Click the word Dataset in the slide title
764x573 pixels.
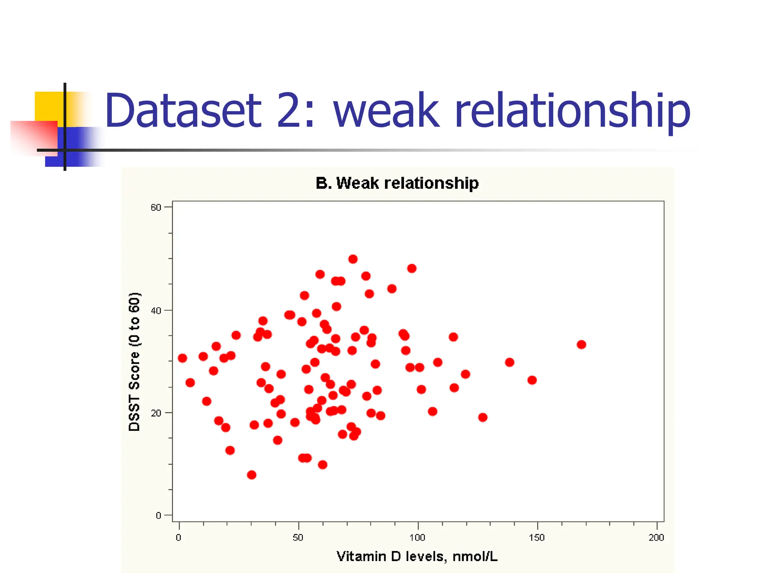[x=183, y=111]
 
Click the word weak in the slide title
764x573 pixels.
[x=386, y=111]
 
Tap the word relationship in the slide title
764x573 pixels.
[x=573, y=111]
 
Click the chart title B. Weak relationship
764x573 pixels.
[x=397, y=183]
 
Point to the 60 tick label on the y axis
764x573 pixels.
[x=156, y=207]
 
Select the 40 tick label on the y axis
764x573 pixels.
[x=156, y=310]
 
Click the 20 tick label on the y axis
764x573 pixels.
[x=156, y=413]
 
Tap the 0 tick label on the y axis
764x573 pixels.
[x=159, y=516]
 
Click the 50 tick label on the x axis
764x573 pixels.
[x=298, y=538]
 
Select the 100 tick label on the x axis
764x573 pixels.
[x=417, y=538]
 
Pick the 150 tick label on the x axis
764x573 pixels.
[x=537, y=538]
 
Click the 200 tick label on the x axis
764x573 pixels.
[x=656, y=538]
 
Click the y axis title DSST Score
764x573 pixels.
[x=134, y=361]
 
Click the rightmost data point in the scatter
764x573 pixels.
[x=581, y=344]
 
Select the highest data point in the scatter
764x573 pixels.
[x=353, y=259]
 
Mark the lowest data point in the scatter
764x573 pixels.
[x=252, y=475]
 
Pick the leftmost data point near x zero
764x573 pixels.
[x=182, y=358]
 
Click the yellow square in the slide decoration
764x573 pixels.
[x=48, y=106]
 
